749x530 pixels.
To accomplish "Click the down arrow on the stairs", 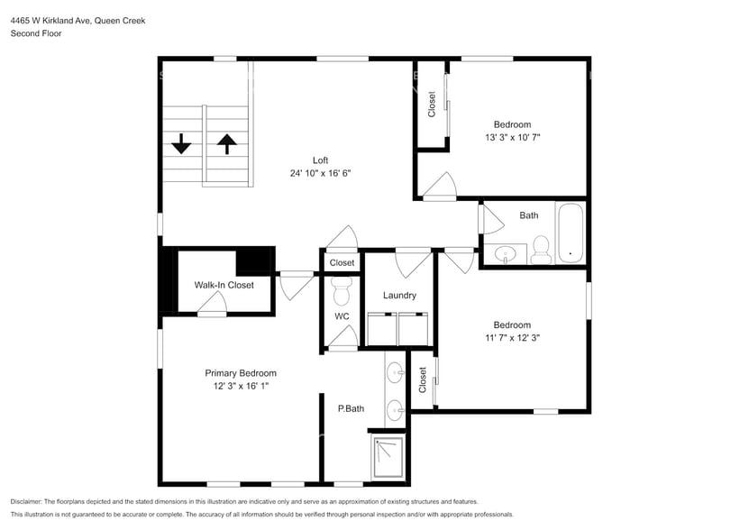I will pos(181,143).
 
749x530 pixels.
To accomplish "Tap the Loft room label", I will pos(320,160).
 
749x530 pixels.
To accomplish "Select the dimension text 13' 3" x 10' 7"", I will pos(512,138).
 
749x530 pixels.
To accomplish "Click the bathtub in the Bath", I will pos(570,232).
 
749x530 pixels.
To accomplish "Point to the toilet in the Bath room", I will pos(541,249).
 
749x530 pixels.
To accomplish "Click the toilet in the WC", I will pos(342,290).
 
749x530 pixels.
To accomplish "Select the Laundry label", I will pos(399,296).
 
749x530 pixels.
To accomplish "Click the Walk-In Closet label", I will pos(224,285).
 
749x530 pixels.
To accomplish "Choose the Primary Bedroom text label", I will pos(241,373).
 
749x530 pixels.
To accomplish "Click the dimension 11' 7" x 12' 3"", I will pos(511,338).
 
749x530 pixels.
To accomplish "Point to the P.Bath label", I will pos(351,409).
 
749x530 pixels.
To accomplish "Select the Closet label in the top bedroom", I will pos(432,105).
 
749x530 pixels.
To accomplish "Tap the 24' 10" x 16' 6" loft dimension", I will pos(320,173).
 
